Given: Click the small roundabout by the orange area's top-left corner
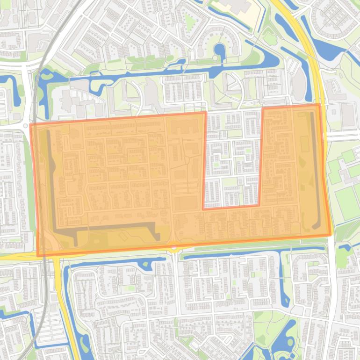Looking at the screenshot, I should [25, 126].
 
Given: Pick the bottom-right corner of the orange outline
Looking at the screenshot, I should [331, 235].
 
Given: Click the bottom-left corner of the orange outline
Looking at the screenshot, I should [38, 256].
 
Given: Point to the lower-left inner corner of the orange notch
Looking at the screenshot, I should [203, 209].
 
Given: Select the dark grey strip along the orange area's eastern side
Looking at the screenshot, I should [317, 168].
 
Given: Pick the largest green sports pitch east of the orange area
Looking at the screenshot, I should [347, 204].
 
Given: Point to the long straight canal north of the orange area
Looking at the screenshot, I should [154, 72].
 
